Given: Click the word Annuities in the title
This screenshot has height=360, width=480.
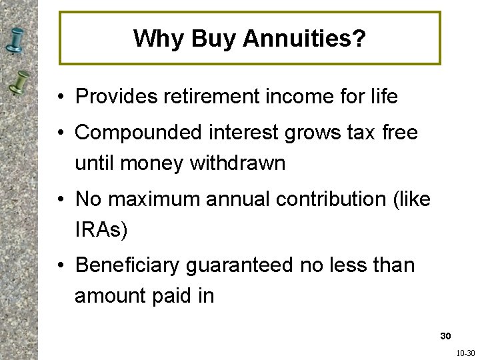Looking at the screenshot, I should pyautogui.click(x=304, y=39).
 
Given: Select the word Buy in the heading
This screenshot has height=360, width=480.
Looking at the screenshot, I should pyautogui.click(x=213, y=39).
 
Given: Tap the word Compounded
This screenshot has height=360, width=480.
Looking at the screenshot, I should pyautogui.click(x=133, y=133).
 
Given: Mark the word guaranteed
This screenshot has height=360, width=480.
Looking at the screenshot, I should pyautogui.click(x=239, y=265).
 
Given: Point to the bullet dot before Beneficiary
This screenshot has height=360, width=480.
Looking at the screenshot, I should pyautogui.click(x=61, y=265).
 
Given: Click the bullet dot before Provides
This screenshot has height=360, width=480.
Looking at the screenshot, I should pyautogui.click(x=61, y=97).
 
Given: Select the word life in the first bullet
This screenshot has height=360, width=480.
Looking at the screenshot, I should pyautogui.click(x=383, y=97).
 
